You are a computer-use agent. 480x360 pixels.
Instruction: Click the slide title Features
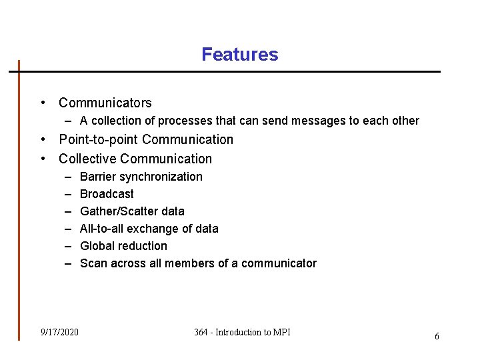pyautogui.click(x=240, y=54)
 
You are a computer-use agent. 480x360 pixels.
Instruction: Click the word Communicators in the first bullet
pyautogui.click(x=105, y=103)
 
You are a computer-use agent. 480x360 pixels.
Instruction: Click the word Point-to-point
pyautogui.click(x=99, y=139)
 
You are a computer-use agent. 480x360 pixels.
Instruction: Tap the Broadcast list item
pyautogui.click(x=107, y=194)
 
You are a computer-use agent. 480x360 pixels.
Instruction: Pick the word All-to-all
pyautogui.click(x=100, y=229)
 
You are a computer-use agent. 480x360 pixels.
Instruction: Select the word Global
pyautogui.click(x=97, y=246)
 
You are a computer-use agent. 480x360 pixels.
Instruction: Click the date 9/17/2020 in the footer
pyautogui.click(x=59, y=332)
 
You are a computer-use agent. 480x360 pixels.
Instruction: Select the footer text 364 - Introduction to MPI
pyautogui.click(x=242, y=332)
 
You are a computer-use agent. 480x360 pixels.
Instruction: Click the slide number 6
pyautogui.click(x=437, y=337)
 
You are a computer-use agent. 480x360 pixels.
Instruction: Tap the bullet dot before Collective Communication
pyautogui.click(x=43, y=159)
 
